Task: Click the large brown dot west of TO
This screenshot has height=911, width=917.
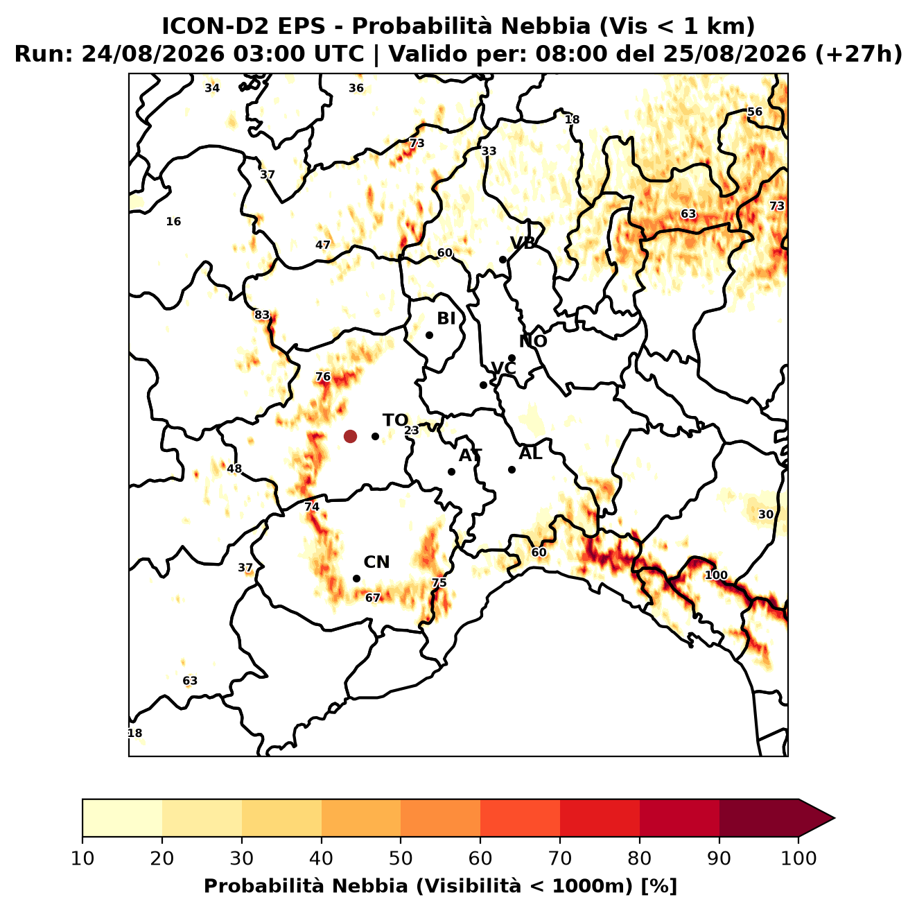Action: (350, 436)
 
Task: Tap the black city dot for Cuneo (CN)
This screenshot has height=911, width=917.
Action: (356, 579)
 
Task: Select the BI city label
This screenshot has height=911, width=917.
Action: (446, 319)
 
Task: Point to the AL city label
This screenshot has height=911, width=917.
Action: (530, 453)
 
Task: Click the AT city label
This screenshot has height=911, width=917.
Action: (470, 456)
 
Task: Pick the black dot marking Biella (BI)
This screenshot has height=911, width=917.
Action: (429, 336)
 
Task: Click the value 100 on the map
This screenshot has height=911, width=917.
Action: (716, 575)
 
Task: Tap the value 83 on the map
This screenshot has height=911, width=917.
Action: (262, 315)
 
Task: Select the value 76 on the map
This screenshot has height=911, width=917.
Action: (323, 376)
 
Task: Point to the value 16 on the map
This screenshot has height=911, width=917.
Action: (173, 221)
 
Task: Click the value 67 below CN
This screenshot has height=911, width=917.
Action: (373, 598)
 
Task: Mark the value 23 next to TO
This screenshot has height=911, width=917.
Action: (412, 431)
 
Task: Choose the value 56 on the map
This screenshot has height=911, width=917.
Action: (754, 112)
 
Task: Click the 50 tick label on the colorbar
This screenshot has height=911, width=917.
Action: (401, 859)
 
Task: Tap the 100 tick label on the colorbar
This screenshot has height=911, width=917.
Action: (798, 859)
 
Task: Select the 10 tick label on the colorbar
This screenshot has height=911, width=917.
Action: (82, 859)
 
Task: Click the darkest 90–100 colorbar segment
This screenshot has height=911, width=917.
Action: (758, 818)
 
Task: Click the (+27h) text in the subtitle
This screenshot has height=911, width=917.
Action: (858, 54)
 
